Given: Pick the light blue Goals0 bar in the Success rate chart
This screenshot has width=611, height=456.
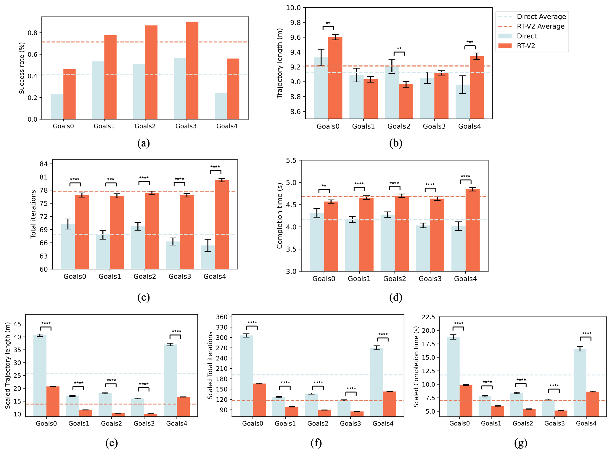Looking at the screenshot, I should [57, 107].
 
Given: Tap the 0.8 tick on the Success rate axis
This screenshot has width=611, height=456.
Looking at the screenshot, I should [33, 33].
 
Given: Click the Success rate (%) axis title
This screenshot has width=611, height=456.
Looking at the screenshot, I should [22, 68].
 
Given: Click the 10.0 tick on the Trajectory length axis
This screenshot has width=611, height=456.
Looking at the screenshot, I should [293, 8].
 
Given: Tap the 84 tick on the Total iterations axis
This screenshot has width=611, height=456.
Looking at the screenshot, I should [44, 164].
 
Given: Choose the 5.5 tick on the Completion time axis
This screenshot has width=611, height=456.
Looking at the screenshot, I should [291, 161].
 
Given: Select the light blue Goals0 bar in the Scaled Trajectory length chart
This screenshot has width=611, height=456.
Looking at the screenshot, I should [40, 376].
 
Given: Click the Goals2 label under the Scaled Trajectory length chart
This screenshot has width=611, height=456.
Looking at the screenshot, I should [111, 423].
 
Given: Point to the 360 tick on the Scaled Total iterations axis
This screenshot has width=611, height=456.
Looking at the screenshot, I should [222, 317].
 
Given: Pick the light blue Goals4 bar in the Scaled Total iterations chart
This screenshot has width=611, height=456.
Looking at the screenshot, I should [377, 382].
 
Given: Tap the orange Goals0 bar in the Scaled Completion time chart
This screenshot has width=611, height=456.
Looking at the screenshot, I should [466, 401].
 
